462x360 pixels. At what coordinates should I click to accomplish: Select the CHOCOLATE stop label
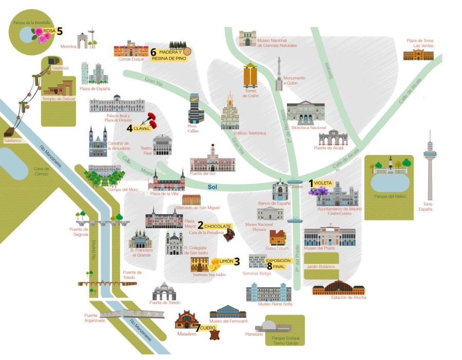click(x=218, y=226)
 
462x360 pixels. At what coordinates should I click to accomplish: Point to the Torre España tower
click(x=430, y=164)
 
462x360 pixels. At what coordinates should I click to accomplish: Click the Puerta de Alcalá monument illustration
click(x=333, y=138)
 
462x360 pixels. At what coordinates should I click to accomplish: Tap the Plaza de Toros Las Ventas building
click(x=418, y=55)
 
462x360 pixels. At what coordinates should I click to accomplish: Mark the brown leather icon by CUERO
click(x=214, y=334)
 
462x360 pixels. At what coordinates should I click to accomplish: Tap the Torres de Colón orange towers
click(x=251, y=76)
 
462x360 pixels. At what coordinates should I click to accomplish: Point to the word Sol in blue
click(x=213, y=187)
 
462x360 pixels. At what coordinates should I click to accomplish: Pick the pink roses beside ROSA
click(x=40, y=35)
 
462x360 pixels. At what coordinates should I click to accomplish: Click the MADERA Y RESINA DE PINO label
click(x=169, y=55)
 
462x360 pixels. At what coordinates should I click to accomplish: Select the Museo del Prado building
click(x=330, y=237)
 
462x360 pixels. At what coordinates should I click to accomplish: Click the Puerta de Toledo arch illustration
click(x=164, y=291)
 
